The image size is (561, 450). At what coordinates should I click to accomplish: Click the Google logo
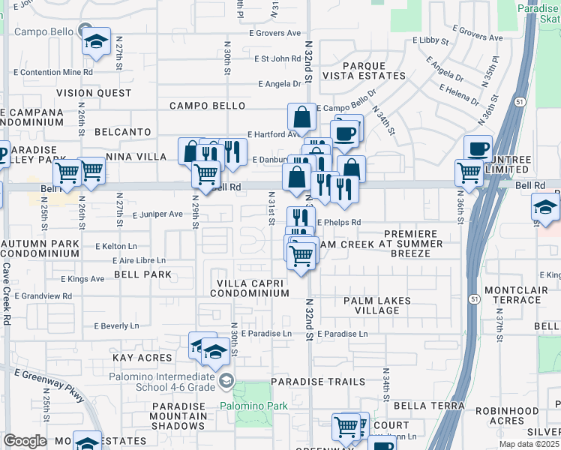(25, 441)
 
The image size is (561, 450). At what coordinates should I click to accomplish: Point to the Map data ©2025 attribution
(529, 444)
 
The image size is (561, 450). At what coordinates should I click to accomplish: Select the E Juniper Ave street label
(157, 214)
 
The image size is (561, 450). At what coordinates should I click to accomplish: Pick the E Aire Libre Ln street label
(139, 260)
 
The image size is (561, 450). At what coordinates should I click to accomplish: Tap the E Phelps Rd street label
(338, 222)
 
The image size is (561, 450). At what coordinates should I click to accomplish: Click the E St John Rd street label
(277, 58)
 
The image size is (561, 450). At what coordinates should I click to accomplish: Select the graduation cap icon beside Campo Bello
(96, 42)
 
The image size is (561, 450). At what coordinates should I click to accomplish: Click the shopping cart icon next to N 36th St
(469, 172)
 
